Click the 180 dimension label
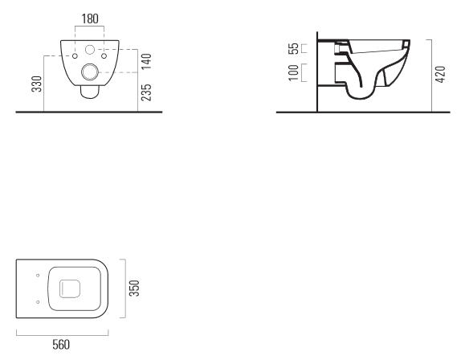click(90, 18)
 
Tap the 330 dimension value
click(37, 84)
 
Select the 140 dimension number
click(146, 61)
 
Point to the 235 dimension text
click(146, 92)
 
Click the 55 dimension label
click(293, 48)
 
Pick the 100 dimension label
click(293, 72)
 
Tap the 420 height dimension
click(440, 75)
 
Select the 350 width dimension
click(134, 288)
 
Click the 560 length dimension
click(61, 345)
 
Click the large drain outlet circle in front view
click(90, 72)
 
